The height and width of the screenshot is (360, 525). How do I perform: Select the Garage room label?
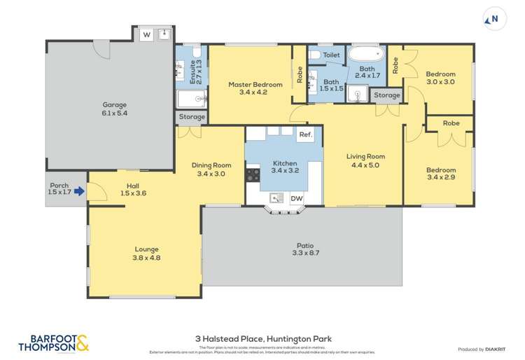point(114,105)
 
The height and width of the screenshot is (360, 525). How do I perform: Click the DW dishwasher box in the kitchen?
point(297,199)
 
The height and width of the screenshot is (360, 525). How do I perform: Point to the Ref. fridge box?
point(305,134)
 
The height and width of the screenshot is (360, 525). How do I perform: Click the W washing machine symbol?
point(147,34)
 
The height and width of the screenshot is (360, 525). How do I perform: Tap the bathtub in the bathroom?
point(367,54)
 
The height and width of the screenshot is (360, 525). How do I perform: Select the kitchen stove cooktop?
point(252,174)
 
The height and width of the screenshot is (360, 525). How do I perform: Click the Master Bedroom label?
point(255,85)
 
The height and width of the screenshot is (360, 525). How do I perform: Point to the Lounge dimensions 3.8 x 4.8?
point(147,258)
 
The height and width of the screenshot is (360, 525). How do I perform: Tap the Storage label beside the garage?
point(191,117)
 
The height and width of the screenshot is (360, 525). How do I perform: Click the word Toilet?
point(331,55)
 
